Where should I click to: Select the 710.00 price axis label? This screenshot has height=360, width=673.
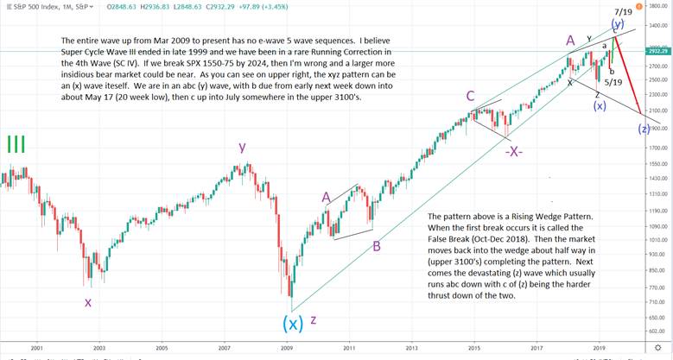[x=658, y=302]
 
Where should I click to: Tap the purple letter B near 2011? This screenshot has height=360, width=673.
[x=377, y=246]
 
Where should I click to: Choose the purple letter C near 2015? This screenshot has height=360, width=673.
[x=471, y=97]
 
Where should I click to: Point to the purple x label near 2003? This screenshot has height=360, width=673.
[x=87, y=301]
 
